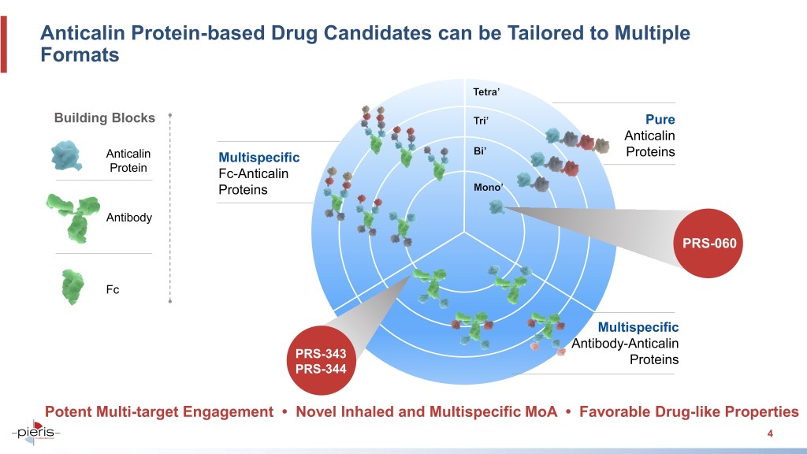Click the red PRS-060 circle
[x=708, y=243]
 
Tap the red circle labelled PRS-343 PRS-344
[x=322, y=360]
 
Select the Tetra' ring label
[x=486, y=92]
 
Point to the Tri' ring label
[x=481, y=121]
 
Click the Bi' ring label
[x=480, y=151]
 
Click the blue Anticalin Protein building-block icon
[x=66, y=155]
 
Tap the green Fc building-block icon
[x=73, y=287]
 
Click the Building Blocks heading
[x=105, y=118]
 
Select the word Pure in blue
[x=660, y=120]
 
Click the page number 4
[x=770, y=434]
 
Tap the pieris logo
[x=36, y=432]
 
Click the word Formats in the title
[x=80, y=55]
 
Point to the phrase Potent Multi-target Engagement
[x=159, y=411]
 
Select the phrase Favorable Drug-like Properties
[x=689, y=411]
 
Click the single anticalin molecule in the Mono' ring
[x=496, y=207]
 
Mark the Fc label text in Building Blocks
[x=113, y=290]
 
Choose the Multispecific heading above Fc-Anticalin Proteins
[x=258, y=158]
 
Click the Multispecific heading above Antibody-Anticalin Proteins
[x=638, y=327]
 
